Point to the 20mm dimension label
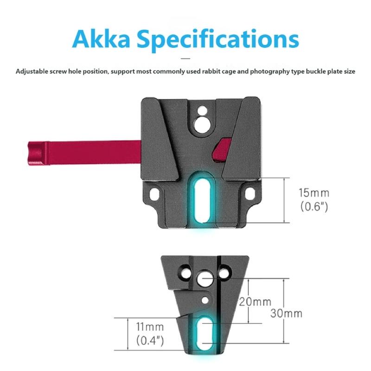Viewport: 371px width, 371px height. pos(255,301)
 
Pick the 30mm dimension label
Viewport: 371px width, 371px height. pos(286,313)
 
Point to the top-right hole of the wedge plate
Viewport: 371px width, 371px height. pos(225,269)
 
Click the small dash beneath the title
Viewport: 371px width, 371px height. pos(185,58)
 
